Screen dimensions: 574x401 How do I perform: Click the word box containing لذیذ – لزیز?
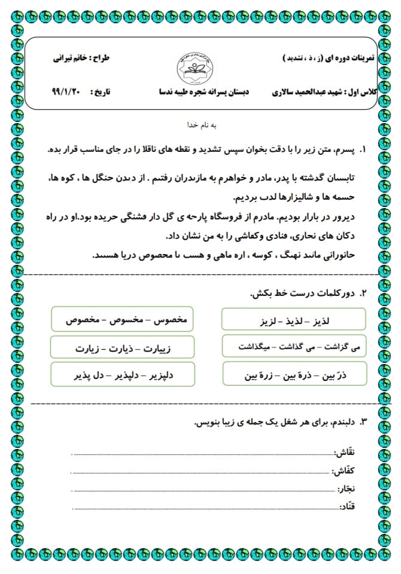(x=293, y=320)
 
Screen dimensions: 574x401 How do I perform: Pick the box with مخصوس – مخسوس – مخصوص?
(x=123, y=320)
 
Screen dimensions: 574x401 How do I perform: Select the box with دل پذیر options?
(x=123, y=375)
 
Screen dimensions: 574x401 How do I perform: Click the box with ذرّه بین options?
(x=293, y=375)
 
